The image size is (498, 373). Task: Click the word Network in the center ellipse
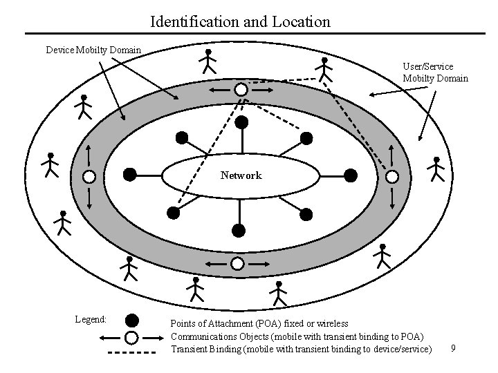click(241, 175)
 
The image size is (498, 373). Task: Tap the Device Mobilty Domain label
click(93, 50)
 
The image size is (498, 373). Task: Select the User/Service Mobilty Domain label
click(435, 73)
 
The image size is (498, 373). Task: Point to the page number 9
click(453, 348)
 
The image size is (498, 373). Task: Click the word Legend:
click(91, 319)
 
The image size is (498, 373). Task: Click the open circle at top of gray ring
click(240, 90)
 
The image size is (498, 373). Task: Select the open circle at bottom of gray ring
click(237, 263)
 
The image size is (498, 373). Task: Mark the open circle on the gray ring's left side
click(89, 175)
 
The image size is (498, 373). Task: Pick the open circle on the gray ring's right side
click(391, 176)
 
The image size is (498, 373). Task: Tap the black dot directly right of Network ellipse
click(351, 175)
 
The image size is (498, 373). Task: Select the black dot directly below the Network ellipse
click(238, 229)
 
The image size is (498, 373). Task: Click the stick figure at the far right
click(436, 168)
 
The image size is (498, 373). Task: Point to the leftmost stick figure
click(50, 164)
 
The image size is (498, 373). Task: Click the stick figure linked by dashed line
click(324, 69)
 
